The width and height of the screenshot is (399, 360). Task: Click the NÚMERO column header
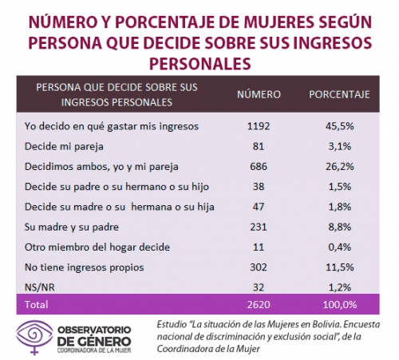point(259,94)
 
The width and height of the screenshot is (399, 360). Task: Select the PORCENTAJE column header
point(339,94)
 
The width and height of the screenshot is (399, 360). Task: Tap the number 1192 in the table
point(259,126)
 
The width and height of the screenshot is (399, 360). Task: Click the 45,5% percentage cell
point(340,126)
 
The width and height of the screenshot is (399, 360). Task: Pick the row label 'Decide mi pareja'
point(64,147)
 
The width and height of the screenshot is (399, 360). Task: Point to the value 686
point(259,167)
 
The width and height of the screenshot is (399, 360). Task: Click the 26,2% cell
point(340,167)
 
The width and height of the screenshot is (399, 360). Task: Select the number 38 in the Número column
point(259,187)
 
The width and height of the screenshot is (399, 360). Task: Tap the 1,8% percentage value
point(340,207)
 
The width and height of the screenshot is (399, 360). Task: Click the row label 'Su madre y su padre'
point(72,227)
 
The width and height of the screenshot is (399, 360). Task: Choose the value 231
point(259,227)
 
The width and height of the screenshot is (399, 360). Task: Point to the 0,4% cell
point(340,247)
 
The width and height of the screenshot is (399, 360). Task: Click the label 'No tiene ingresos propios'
point(85,267)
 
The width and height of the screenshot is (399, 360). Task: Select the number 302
point(259,267)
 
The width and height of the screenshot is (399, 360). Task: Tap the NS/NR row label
point(40,287)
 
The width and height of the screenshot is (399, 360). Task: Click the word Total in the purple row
point(37,304)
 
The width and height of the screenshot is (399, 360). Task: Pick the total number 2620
point(259,304)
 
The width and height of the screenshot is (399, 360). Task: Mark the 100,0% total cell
point(340,304)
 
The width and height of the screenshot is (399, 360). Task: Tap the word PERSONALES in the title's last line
point(200,63)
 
